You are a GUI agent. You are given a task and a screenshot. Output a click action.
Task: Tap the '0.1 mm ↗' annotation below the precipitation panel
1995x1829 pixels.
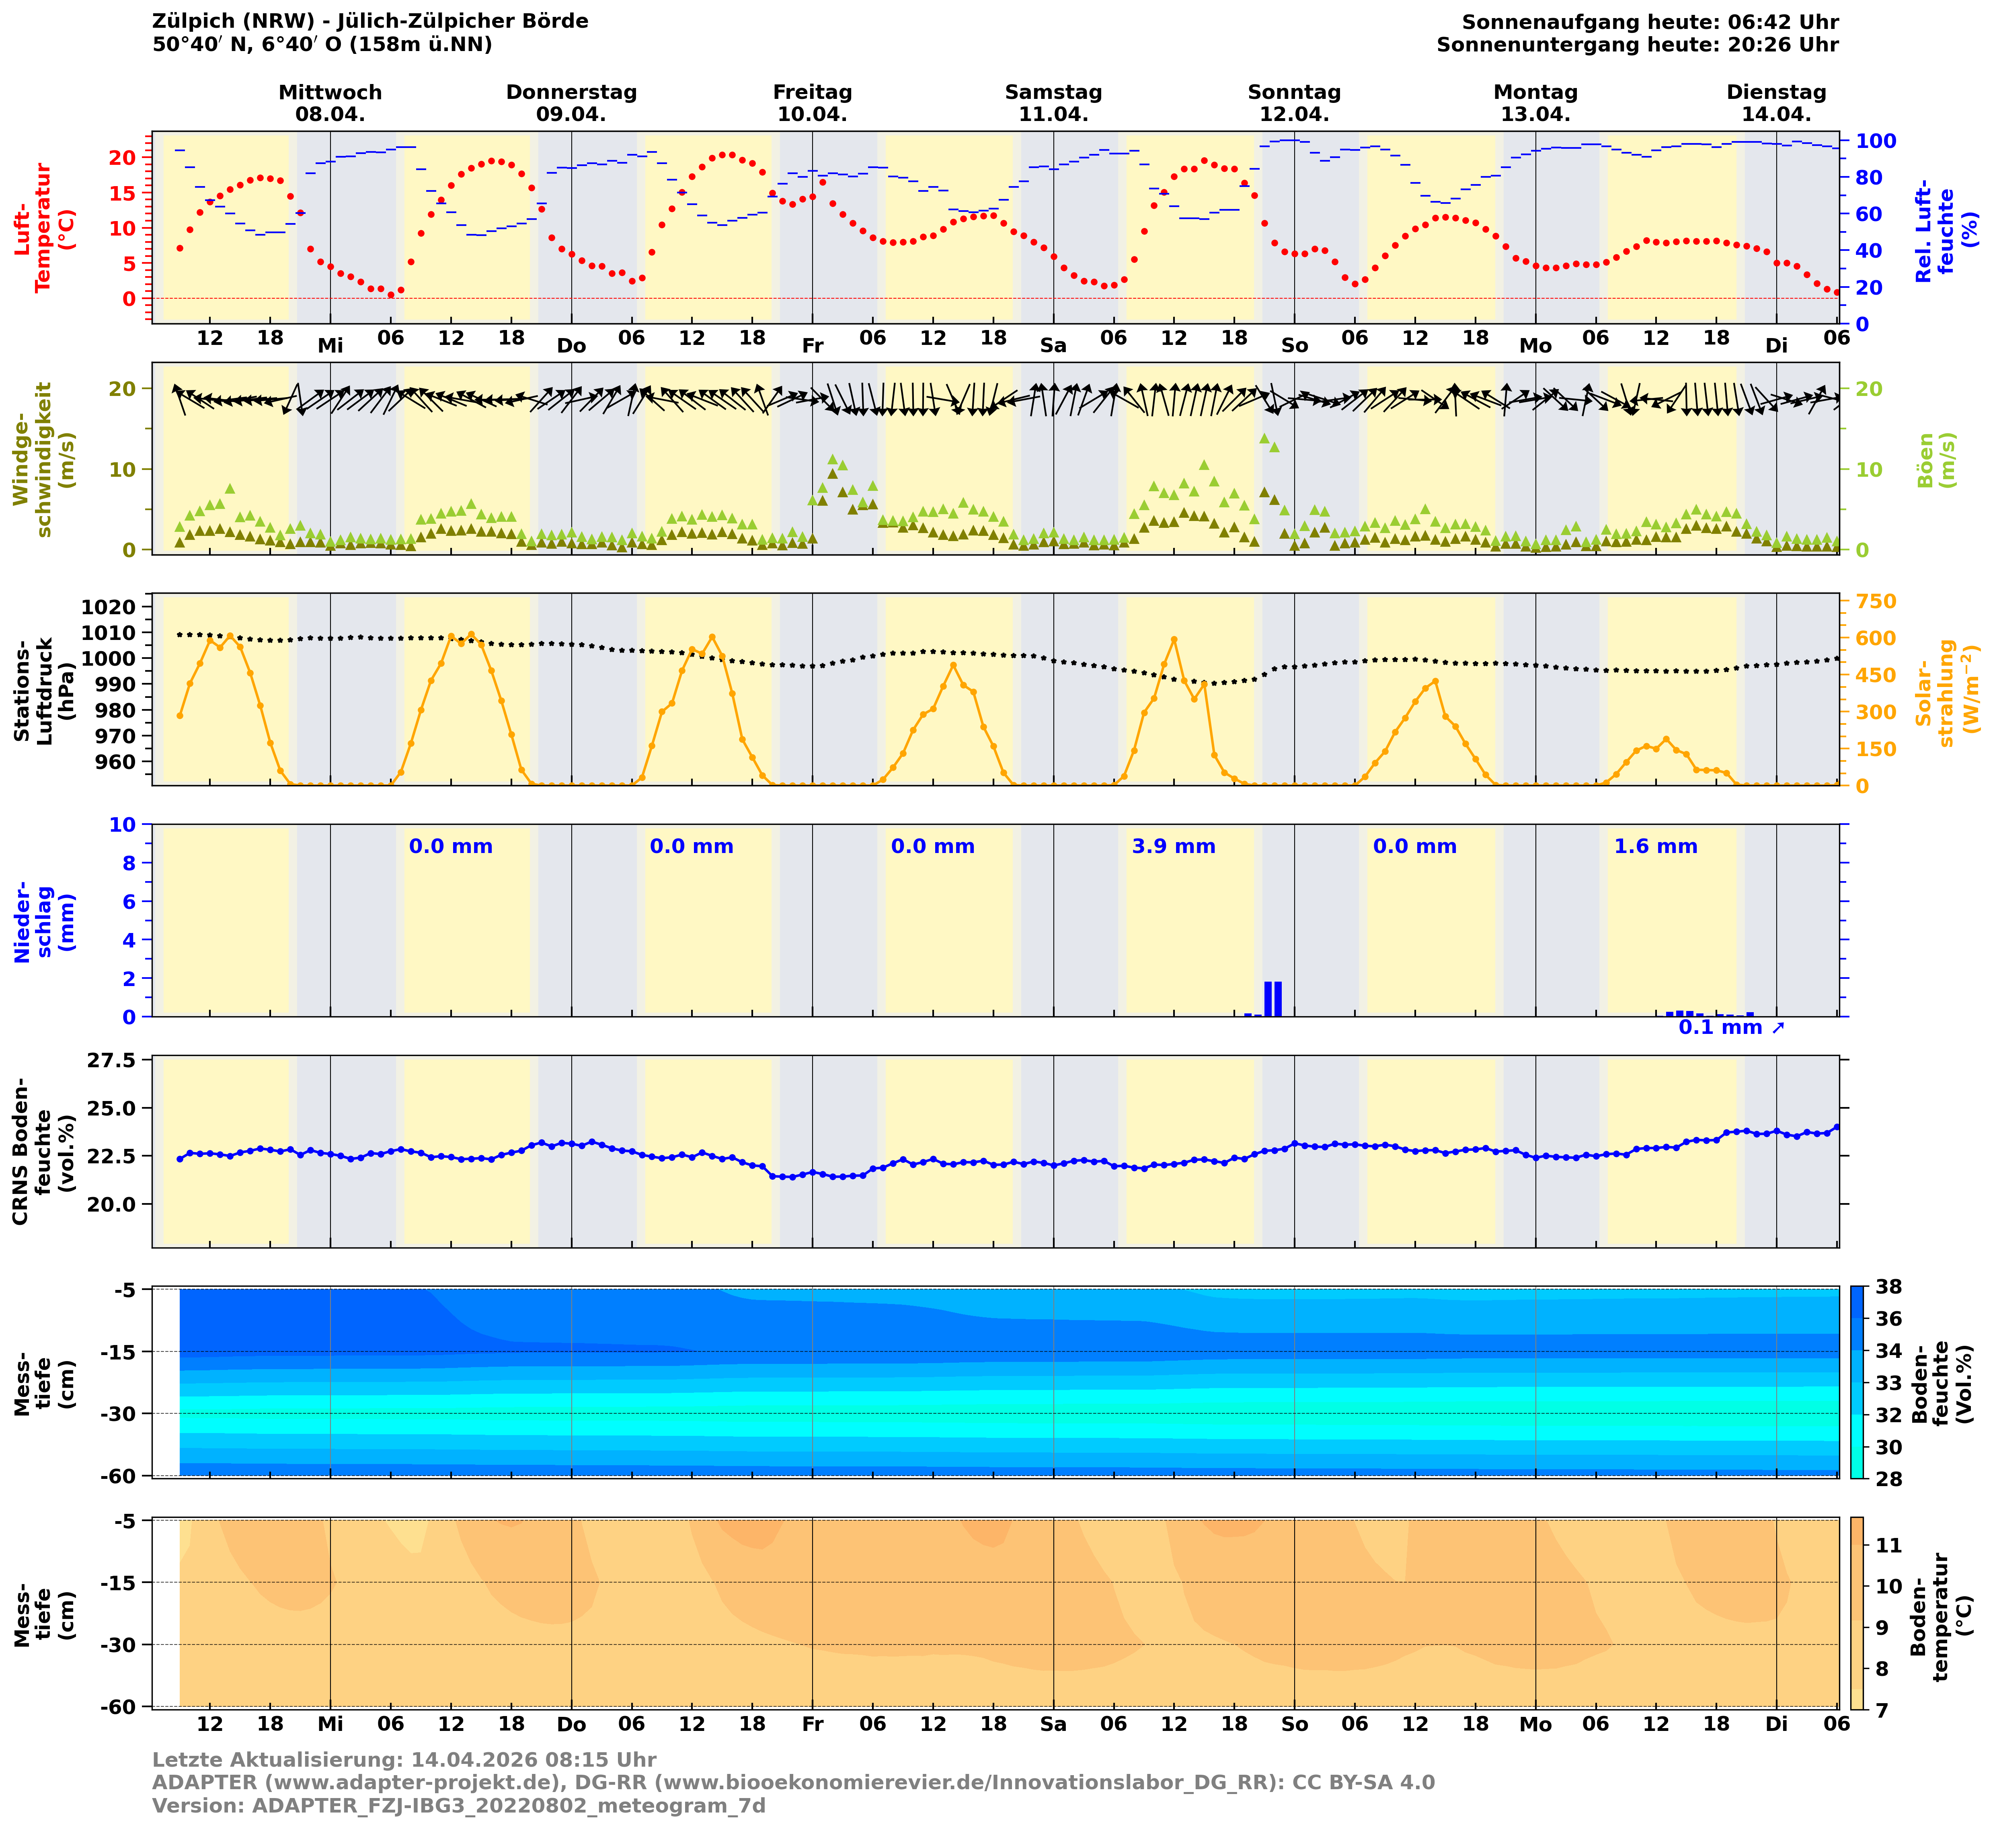[1731, 1027]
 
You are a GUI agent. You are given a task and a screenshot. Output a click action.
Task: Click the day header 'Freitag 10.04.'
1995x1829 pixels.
[812, 103]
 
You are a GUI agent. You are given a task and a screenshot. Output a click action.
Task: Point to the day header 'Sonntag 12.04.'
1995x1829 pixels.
[1294, 103]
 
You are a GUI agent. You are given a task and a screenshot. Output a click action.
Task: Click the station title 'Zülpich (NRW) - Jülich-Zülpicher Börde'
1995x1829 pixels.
[370, 21]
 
